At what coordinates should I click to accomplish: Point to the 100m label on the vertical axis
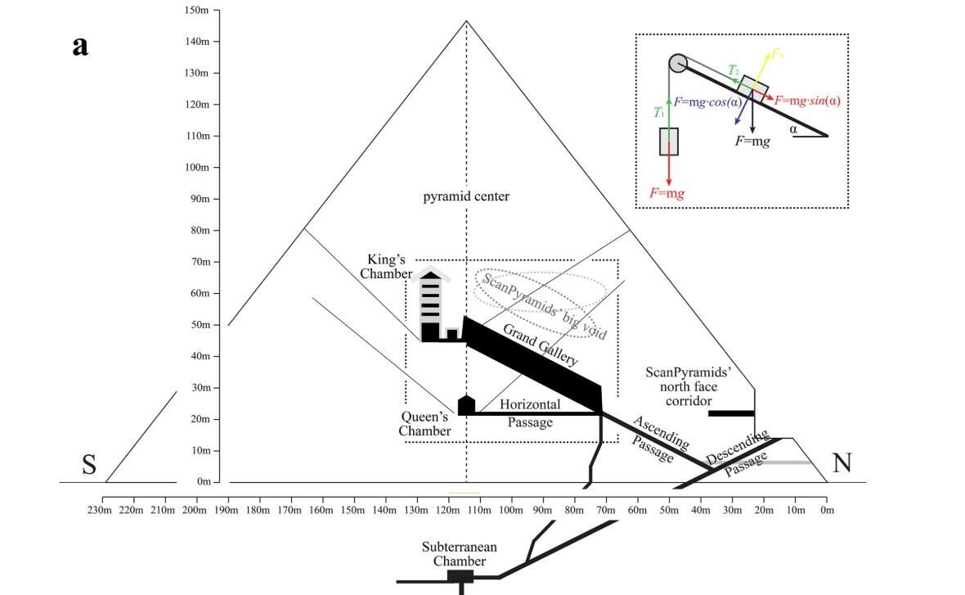197,168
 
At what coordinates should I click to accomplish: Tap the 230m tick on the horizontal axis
102,511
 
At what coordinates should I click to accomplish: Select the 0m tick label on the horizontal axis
827,511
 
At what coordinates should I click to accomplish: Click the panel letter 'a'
79,46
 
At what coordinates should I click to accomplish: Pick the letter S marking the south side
89,466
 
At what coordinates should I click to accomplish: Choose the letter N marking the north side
842,464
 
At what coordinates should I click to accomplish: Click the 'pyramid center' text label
466,196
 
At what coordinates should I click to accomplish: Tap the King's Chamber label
386,266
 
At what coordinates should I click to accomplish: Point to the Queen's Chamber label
425,424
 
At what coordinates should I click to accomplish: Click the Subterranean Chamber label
460,554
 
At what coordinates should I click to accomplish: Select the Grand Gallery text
540,345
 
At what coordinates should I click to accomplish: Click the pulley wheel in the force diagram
677,63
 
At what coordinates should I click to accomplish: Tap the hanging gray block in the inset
669,141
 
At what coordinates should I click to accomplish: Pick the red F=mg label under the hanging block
667,194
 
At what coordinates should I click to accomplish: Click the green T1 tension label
659,112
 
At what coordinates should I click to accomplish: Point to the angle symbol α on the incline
792,128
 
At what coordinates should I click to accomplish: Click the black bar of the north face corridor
730,412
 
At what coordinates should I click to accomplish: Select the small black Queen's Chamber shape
466,404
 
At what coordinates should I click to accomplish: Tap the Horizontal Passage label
530,413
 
